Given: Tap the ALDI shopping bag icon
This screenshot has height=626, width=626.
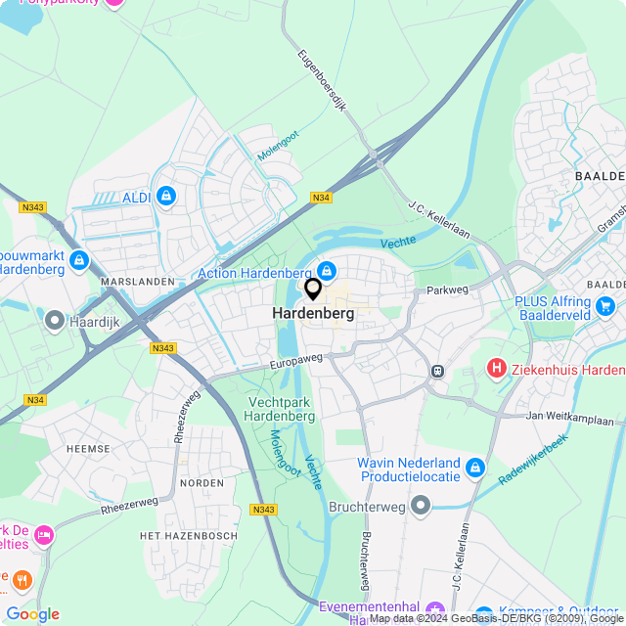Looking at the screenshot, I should (166, 198).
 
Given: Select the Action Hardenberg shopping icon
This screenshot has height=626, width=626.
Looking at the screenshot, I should (328, 272).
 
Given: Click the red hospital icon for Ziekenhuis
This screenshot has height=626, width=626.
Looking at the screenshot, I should (497, 369).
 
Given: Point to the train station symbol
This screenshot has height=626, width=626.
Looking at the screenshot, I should (436, 371).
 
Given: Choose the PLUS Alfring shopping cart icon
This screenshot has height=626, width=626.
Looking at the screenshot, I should (605, 307).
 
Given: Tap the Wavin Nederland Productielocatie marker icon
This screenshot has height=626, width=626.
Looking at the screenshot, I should (476, 469).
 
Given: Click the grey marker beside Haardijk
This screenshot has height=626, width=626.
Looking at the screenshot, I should (54, 320).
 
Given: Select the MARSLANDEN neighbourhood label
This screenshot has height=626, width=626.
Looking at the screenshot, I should (137, 282).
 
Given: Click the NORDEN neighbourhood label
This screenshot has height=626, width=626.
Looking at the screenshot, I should (201, 483).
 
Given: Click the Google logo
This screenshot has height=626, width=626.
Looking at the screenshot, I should (33, 614).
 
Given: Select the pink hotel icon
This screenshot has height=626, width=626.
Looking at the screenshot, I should (43, 535).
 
